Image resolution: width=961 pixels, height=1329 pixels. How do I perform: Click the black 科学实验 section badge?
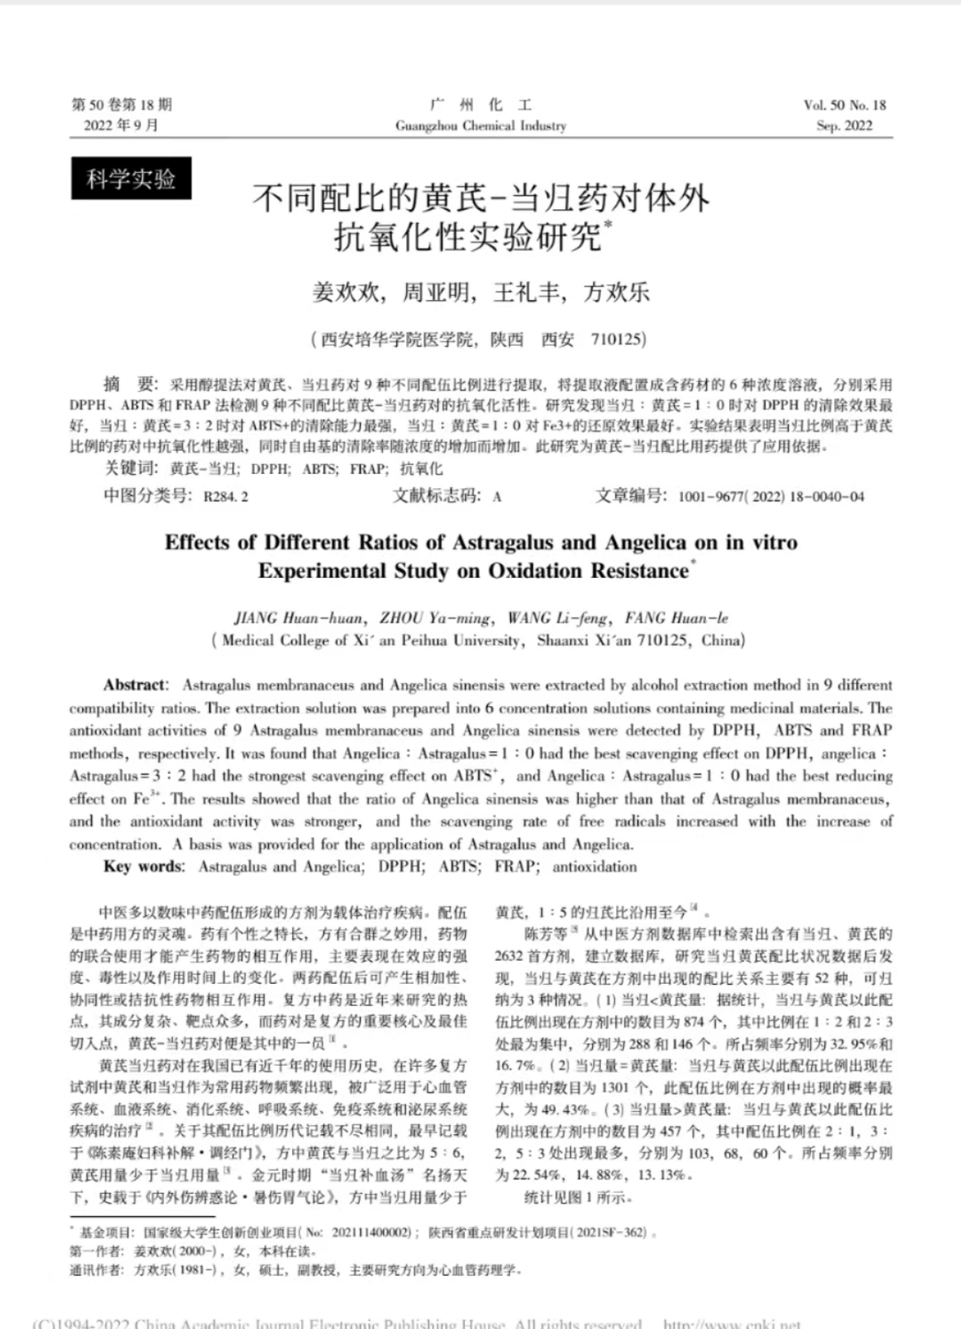(131, 179)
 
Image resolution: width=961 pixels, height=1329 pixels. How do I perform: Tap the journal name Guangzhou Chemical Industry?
(481, 126)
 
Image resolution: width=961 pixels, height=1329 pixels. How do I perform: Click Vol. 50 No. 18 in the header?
(845, 105)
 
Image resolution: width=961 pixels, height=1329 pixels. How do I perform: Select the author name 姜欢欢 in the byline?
(346, 292)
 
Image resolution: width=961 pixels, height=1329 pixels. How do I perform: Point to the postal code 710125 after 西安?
(618, 339)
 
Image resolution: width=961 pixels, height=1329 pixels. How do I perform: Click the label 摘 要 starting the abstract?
(129, 384)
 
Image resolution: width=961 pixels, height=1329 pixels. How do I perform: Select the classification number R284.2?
(226, 497)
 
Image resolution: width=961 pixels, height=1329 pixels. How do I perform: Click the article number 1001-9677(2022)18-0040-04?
(770, 497)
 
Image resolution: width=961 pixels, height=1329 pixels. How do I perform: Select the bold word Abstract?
(134, 685)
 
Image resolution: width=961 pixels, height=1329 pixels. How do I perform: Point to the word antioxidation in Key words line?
(594, 867)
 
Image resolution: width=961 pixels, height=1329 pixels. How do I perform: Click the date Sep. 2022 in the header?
(845, 126)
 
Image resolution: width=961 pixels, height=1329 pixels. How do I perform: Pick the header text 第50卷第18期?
(122, 105)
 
